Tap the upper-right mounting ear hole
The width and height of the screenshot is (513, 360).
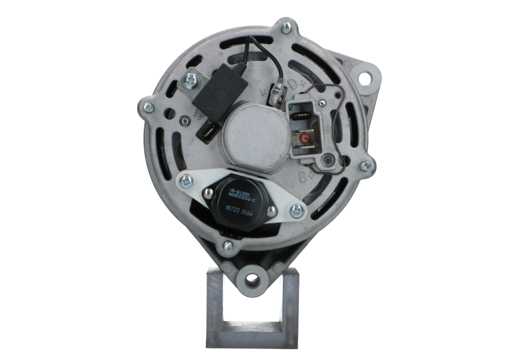pyautogui.click(x=367, y=79)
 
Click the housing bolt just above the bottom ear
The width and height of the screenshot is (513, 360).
pyautogui.click(x=226, y=245)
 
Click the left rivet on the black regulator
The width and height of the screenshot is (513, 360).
pyautogui.click(x=208, y=193)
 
